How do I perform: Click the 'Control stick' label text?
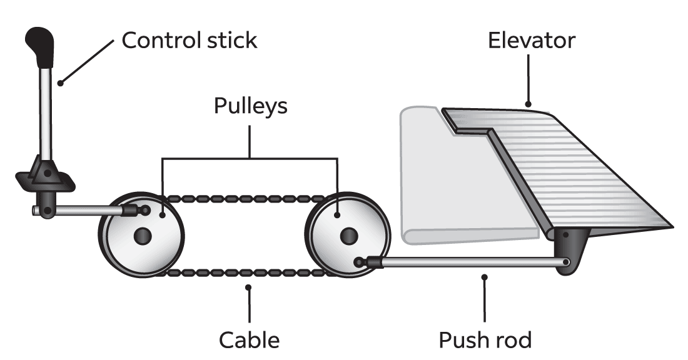(x=189, y=41)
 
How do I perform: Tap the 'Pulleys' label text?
(x=250, y=106)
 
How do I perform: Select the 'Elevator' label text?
(x=531, y=41)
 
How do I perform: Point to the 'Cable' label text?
(x=249, y=340)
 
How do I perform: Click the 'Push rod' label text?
(x=485, y=340)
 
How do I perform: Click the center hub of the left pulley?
(x=143, y=236)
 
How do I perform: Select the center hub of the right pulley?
(x=348, y=236)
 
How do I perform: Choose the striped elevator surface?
(x=575, y=169)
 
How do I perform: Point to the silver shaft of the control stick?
(x=46, y=112)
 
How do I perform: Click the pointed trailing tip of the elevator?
(x=669, y=224)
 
